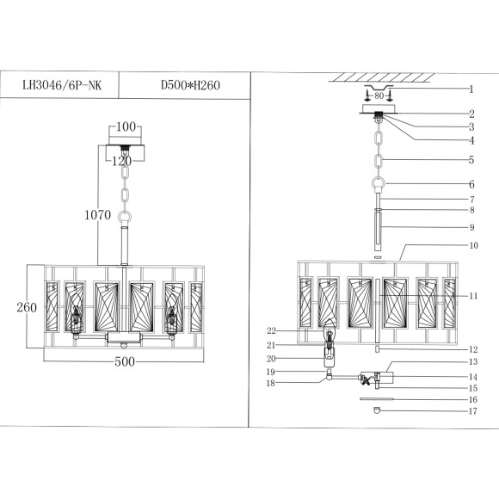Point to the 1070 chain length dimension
click(98, 216)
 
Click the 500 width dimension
click(126, 362)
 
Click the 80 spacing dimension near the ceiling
click(379, 96)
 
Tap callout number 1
click(471, 89)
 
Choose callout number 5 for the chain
click(471, 160)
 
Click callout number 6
click(471, 184)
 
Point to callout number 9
click(471, 227)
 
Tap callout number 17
click(471, 410)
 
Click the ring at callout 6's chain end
click(379, 183)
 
